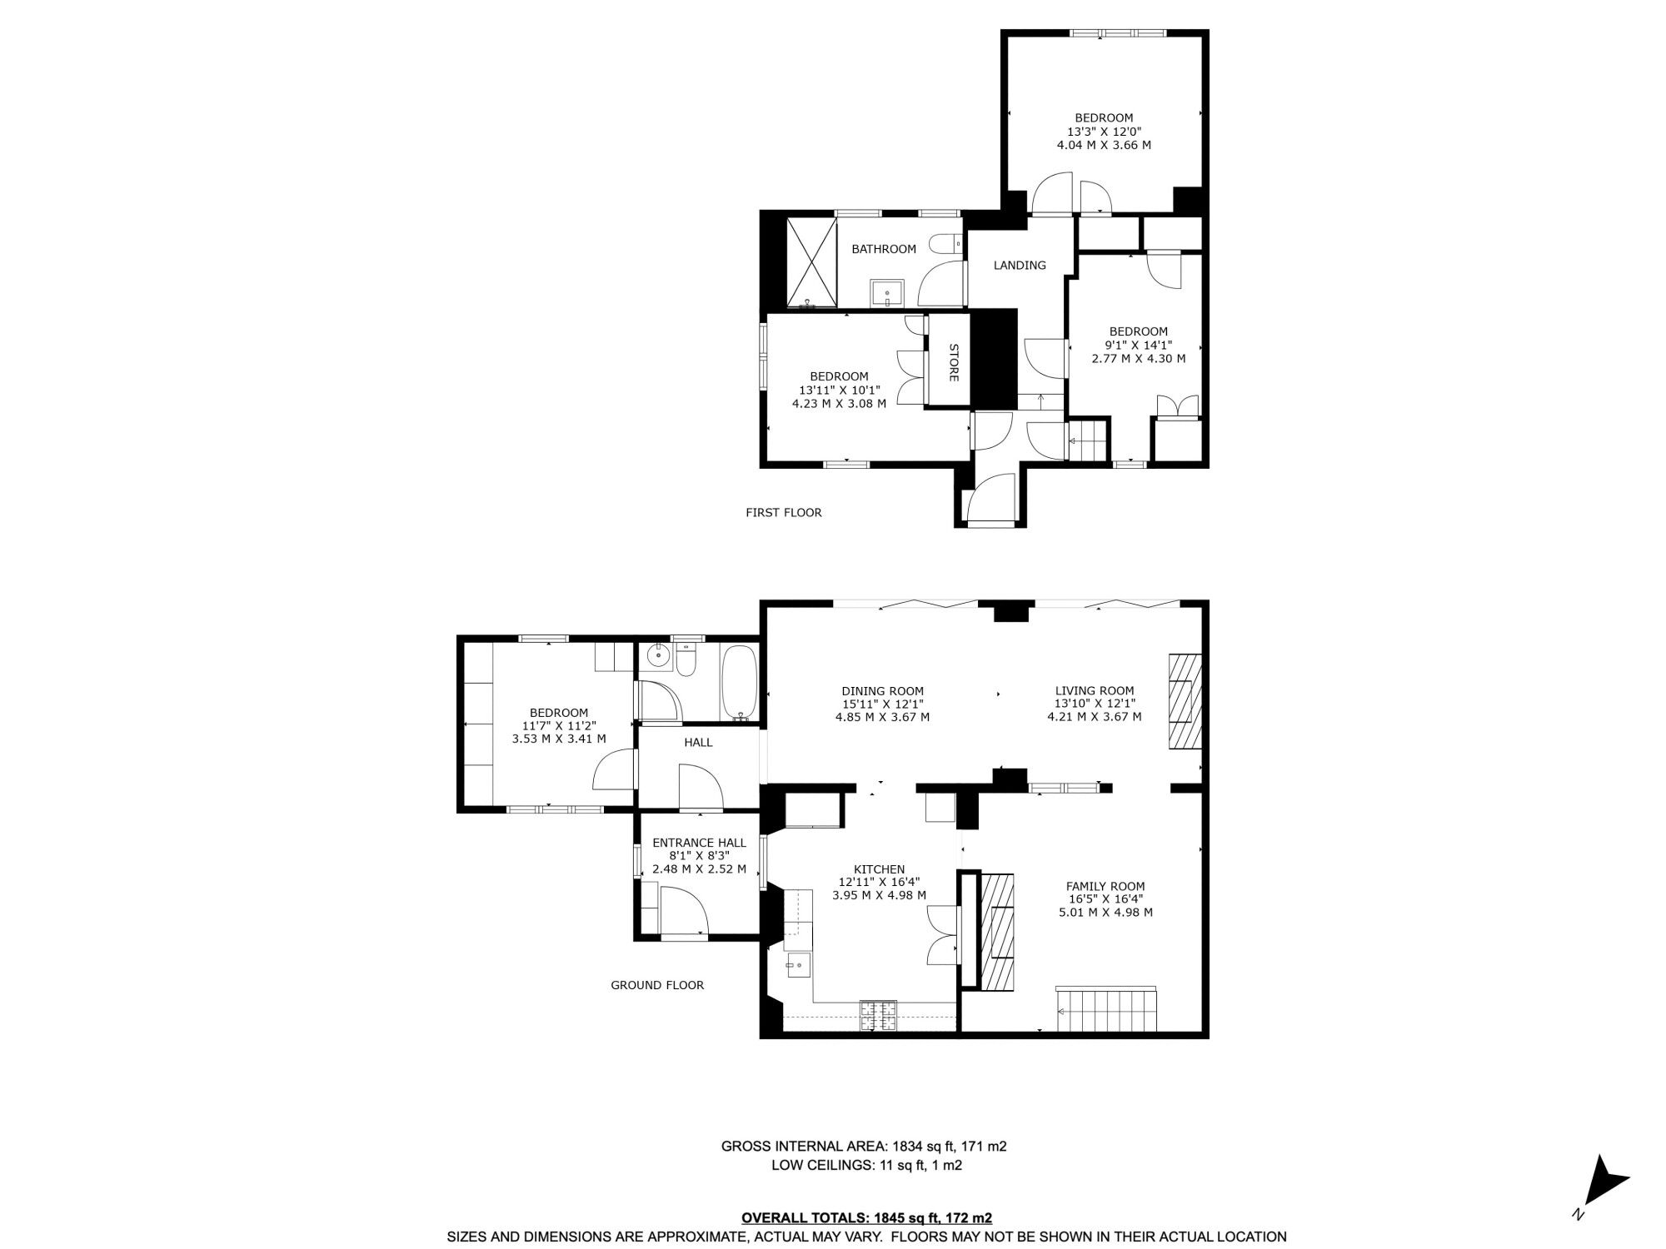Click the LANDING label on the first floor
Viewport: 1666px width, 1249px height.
click(x=1020, y=266)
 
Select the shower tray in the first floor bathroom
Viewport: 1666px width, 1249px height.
click(x=811, y=261)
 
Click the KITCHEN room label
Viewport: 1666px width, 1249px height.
click(x=879, y=869)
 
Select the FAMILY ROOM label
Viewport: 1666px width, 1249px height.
click(x=1105, y=886)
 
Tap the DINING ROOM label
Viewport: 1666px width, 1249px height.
click(x=882, y=691)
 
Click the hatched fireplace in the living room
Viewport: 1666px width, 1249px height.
click(x=1185, y=701)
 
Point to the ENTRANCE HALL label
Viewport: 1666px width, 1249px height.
click(x=699, y=843)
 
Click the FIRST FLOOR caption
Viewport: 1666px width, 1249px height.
click(x=783, y=513)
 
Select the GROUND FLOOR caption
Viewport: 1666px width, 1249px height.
click(x=657, y=985)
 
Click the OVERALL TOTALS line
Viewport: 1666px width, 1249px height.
click(x=866, y=1217)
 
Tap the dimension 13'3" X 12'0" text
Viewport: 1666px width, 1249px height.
click(x=1104, y=132)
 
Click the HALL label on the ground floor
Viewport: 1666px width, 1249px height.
click(x=698, y=742)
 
